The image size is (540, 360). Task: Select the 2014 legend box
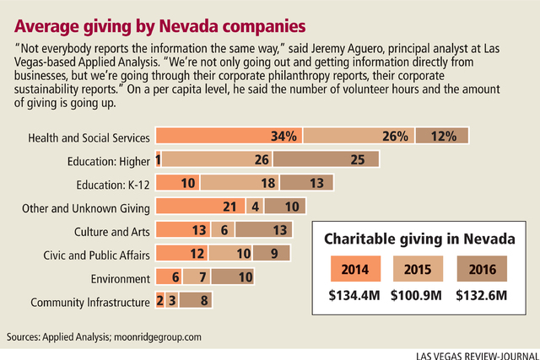tap(357, 271)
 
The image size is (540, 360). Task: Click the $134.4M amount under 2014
tap(357, 298)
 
